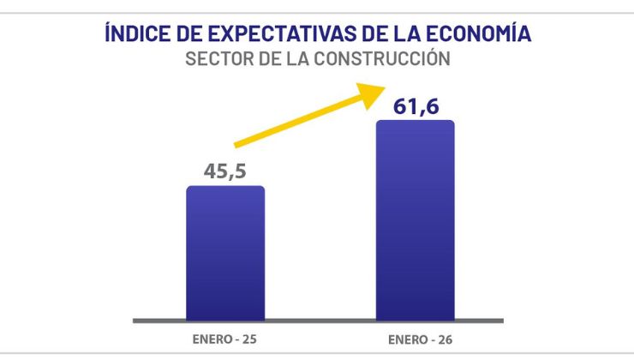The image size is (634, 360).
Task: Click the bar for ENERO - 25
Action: coord(225,253)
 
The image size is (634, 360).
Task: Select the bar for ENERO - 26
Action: coord(416,219)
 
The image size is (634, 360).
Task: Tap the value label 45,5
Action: coord(225,171)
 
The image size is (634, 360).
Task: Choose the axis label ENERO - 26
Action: coord(416,339)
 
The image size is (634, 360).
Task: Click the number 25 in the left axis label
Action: coord(248,339)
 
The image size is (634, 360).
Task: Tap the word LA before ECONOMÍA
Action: coord(402,35)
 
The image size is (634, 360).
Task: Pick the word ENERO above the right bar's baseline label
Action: coord(404,339)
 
